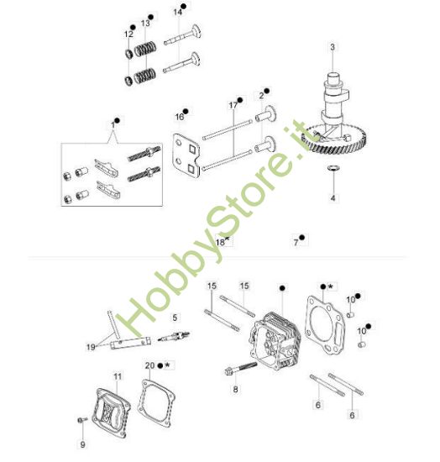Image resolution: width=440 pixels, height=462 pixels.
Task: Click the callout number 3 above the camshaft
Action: click(x=333, y=47)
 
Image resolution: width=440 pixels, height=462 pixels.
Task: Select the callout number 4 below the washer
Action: click(x=333, y=198)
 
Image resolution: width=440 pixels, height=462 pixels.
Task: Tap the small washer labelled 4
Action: click(x=333, y=168)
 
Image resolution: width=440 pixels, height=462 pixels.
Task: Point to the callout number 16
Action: click(x=180, y=117)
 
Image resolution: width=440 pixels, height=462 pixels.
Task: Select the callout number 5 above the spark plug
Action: click(x=175, y=318)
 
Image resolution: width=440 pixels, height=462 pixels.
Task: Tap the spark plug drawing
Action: click(x=174, y=337)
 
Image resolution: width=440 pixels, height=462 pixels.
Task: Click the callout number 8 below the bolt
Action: click(x=235, y=390)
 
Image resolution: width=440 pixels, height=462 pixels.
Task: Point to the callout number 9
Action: click(x=83, y=444)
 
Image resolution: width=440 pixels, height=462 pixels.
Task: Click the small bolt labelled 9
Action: click(x=82, y=419)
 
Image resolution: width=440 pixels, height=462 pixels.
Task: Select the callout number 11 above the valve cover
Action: click(x=118, y=376)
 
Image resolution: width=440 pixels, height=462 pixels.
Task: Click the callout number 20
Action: click(x=149, y=365)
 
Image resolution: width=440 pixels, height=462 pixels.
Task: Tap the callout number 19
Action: click(x=91, y=347)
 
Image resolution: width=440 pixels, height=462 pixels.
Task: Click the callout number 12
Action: click(x=128, y=34)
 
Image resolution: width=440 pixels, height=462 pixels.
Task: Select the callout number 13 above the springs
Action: click(x=145, y=24)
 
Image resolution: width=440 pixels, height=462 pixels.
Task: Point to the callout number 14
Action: click(x=177, y=13)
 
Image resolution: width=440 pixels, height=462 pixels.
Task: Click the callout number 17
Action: click(x=233, y=105)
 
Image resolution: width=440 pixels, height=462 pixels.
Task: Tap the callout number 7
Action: click(x=296, y=243)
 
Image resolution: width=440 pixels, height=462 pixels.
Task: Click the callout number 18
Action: click(x=220, y=242)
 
